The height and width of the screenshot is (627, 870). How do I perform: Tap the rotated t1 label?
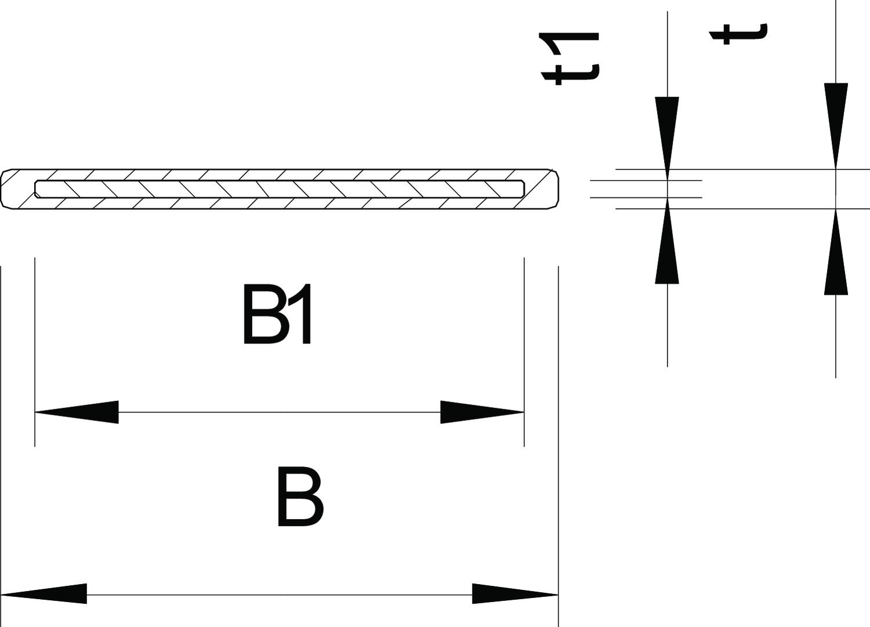coord(568,58)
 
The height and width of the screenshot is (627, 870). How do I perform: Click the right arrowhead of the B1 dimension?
coord(482,412)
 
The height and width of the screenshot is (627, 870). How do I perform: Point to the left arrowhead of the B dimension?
coord(44,594)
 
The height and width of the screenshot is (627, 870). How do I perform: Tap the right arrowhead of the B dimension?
coord(515,594)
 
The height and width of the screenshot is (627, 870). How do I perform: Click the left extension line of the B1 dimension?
coord(35,348)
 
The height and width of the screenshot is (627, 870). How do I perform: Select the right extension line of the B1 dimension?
coord(524,348)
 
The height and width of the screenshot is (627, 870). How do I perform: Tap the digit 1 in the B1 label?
coord(302,314)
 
